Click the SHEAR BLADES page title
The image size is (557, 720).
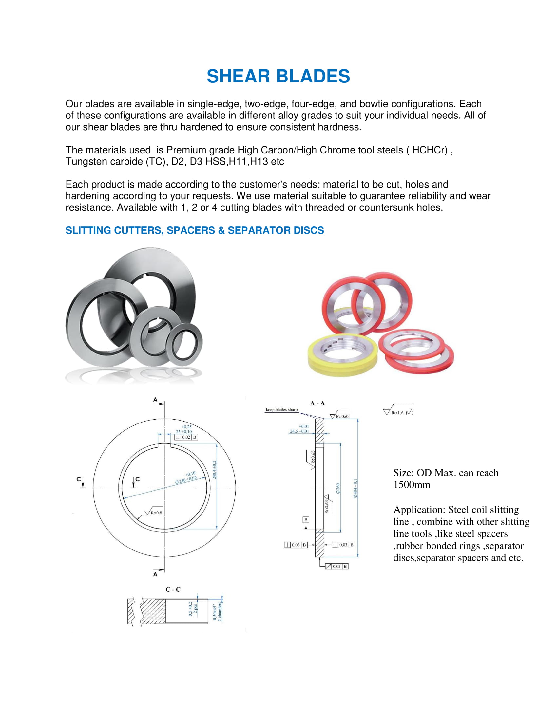point(278,76)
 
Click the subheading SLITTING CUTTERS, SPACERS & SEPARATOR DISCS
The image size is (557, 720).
point(194,230)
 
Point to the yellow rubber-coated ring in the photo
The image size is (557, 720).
point(342,358)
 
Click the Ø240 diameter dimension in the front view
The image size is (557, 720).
point(186,478)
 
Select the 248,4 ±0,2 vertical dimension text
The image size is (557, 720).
point(214,470)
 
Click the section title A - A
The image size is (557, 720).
point(317,403)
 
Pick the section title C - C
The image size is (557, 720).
point(173,589)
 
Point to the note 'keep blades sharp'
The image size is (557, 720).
point(281,410)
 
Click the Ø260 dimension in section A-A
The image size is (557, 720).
point(337,488)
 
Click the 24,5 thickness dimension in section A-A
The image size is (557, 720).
point(299,429)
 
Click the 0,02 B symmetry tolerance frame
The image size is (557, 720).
point(186,437)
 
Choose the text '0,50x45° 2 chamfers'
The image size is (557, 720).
point(218,612)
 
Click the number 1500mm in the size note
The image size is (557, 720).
point(412,485)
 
